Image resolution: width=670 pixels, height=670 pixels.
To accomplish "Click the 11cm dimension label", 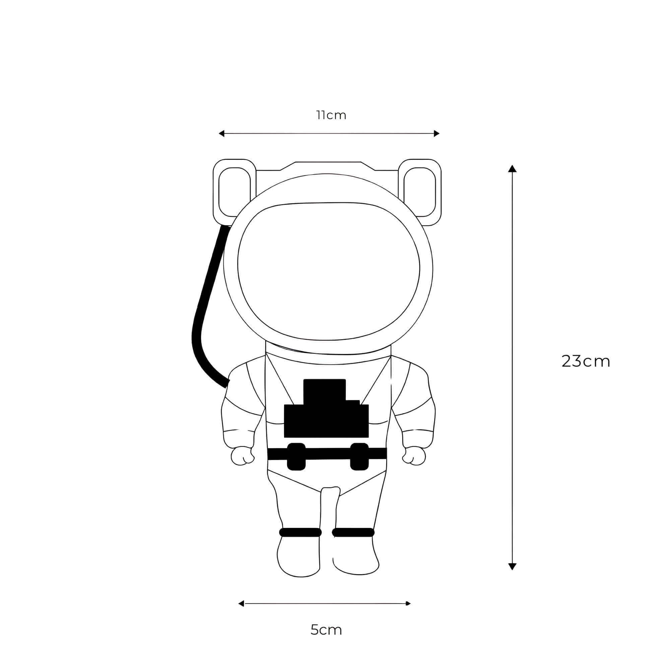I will tap(331, 116).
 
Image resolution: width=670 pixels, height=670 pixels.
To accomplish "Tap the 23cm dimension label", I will tap(586, 361).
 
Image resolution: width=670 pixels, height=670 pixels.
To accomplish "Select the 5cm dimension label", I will tap(326, 629).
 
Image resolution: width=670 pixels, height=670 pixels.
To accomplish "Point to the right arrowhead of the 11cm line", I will tap(437, 134).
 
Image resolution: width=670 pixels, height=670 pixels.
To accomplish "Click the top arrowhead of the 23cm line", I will tap(512, 169).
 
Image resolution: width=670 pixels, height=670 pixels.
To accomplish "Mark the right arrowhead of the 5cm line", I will tap(408, 604).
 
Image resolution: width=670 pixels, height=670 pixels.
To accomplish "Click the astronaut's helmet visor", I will tap(328, 270).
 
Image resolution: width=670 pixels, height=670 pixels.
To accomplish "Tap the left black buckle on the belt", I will tap(296, 457).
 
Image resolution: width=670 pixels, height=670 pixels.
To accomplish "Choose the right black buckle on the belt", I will tap(359, 457).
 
